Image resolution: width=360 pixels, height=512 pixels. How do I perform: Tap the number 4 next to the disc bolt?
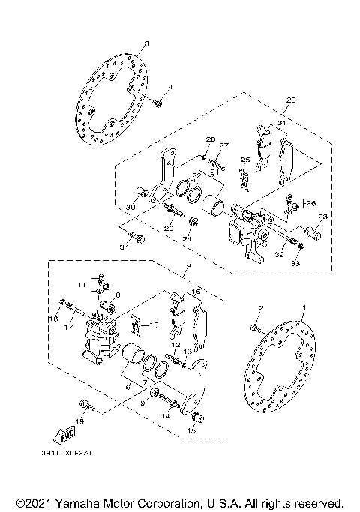169,88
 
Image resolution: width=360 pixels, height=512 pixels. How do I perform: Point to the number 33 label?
294,263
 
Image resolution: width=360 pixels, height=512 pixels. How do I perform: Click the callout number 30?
130,208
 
